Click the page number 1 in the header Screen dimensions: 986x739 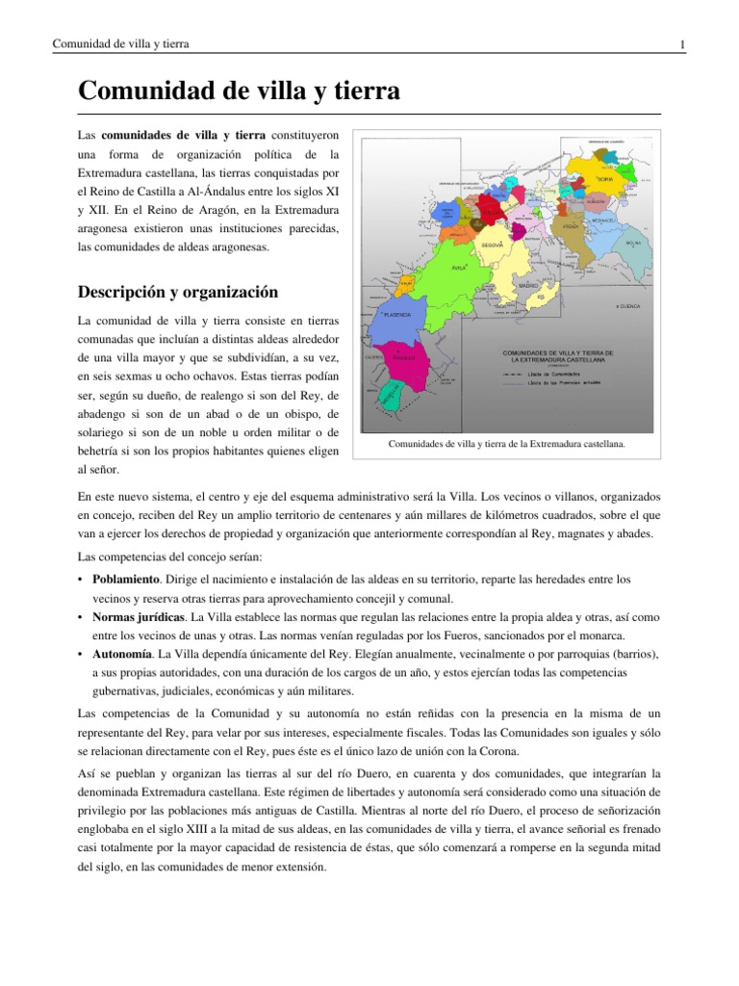(x=681, y=44)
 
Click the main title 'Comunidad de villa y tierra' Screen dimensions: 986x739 (x=238, y=91)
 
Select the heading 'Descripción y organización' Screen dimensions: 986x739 (x=178, y=292)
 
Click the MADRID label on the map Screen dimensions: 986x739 (x=527, y=286)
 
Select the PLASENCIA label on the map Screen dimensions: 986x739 (x=397, y=315)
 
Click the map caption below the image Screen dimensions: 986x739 (x=506, y=444)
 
